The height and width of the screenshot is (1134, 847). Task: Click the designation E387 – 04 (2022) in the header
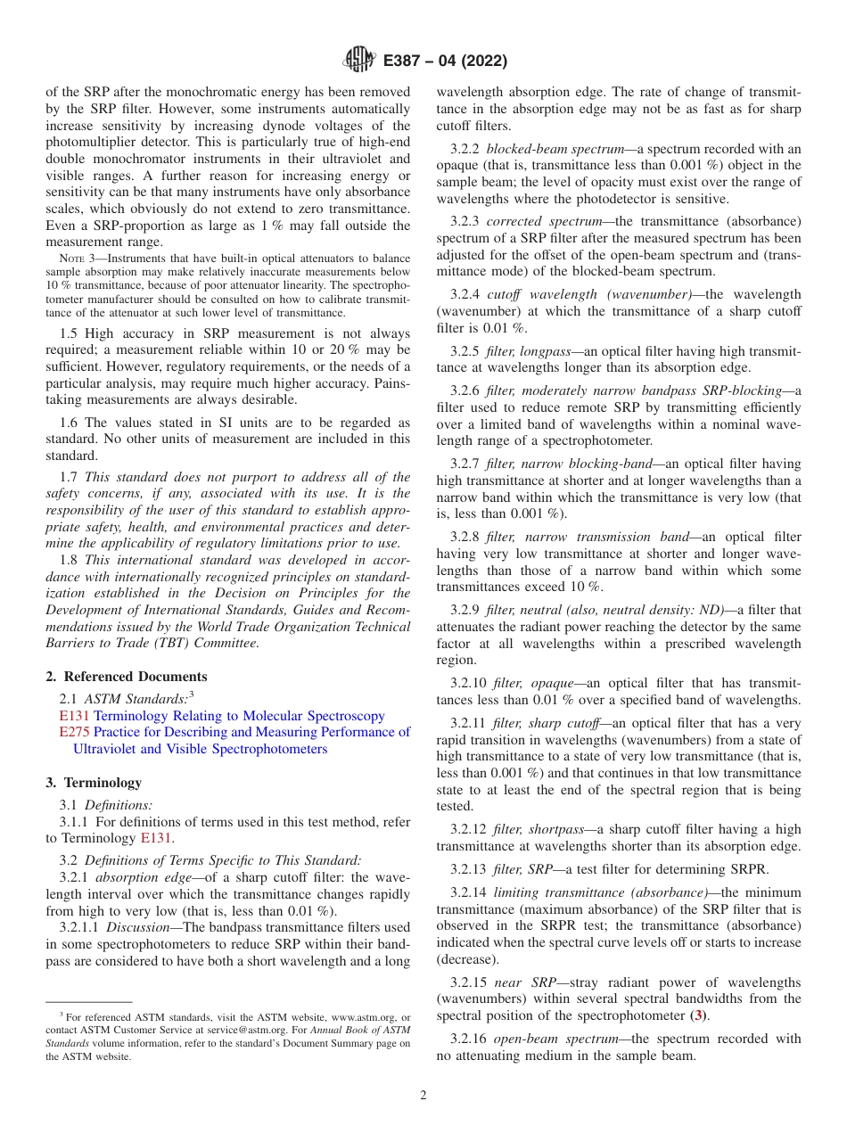tap(445, 61)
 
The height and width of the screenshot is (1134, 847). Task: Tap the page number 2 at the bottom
tap(423, 1096)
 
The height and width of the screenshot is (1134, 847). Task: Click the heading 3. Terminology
tap(94, 783)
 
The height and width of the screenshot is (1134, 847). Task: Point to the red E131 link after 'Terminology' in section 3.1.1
tap(156, 838)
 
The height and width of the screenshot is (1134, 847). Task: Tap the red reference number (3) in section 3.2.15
tap(702, 1015)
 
